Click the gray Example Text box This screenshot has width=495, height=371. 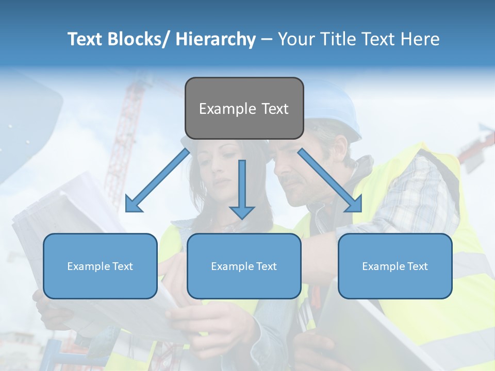click(x=244, y=108)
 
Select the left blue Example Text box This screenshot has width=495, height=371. click(x=100, y=266)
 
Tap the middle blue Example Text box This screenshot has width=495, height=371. click(x=244, y=266)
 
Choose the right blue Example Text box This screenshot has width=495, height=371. click(x=395, y=266)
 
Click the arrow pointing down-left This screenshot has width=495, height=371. click(x=157, y=181)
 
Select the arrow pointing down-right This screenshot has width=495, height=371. click(x=331, y=180)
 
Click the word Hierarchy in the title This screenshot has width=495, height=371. click(x=216, y=39)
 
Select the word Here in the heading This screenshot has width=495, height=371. click(x=420, y=39)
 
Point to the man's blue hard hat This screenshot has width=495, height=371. click(x=335, y=108)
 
